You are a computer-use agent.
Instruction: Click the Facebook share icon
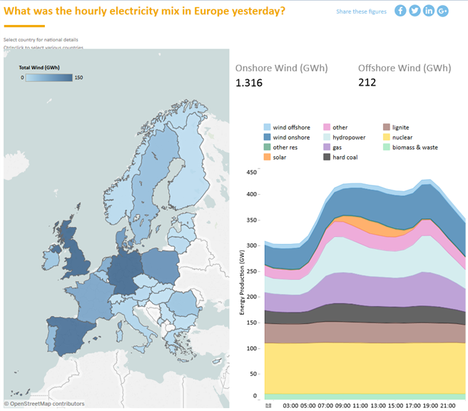click(400, 11)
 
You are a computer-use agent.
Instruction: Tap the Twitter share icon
click(414, 11)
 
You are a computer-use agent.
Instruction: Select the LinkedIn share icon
click(429, 11)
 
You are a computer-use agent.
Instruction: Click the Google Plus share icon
click(443, 11)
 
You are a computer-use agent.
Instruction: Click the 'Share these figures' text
click(362, 11)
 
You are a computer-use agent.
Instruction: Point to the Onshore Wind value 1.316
click(249, 83)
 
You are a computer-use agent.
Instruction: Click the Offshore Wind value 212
click(367, 83)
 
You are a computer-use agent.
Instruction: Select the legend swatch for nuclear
click(387, 137)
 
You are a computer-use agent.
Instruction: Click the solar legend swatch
click(267, 157)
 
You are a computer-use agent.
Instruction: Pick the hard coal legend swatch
click(327, 157)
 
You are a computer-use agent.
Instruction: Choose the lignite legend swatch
click(387, 127)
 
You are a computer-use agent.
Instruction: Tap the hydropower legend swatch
click(327, 137)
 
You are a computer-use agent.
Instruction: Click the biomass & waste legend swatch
click(387, 147)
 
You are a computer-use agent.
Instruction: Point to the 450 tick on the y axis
click(251, 172)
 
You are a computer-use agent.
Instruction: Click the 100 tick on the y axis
click(251, 347)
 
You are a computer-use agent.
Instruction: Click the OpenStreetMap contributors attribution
click(44, 404)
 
